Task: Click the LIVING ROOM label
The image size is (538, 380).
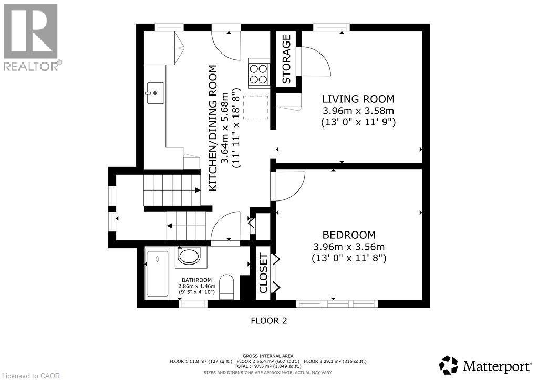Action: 358,99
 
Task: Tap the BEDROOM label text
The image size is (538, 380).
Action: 349,235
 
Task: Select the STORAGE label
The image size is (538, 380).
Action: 286,59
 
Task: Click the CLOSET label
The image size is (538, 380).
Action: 263,273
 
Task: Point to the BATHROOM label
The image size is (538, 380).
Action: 197,280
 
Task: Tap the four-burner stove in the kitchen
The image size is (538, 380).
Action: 258,73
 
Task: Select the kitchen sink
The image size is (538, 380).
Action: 156,93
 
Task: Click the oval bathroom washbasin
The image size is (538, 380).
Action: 189,257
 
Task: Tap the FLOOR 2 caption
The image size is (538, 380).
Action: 268,320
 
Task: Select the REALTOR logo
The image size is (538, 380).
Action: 31,37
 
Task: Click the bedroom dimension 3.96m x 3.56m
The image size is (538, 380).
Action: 349,247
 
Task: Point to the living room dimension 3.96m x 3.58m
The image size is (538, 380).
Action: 358,111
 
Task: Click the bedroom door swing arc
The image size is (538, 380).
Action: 289,186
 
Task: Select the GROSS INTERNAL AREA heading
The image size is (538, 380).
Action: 268,356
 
